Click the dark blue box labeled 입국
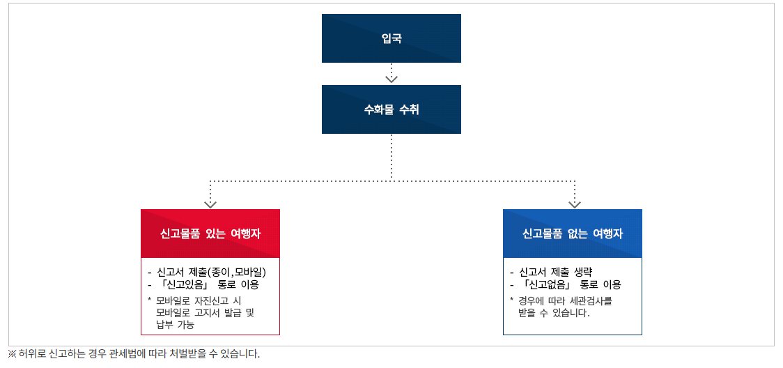pos(391,38)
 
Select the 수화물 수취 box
pos(391,109)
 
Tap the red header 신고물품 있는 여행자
pos(210,233)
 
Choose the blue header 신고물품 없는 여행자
pos(572,233)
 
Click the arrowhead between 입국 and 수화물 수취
pos(391,79)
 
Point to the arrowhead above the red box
pos(210,204)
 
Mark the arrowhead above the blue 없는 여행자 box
pos(575,204)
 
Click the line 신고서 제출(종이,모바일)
pos(207,273)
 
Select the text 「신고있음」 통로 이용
pos(203,285)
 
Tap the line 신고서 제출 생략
pos(551,273)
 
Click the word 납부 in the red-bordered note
pos(164,325)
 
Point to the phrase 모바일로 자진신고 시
pos(199,300)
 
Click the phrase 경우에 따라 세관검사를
pos(565,300)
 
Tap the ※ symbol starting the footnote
pos(12,354)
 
